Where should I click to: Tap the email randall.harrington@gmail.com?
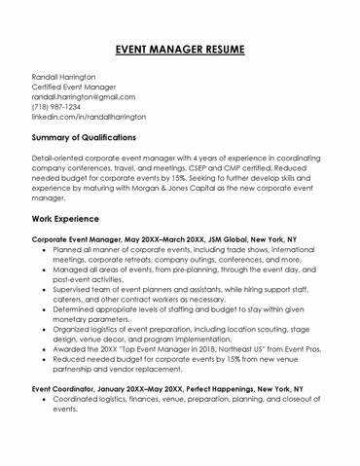[82, 96]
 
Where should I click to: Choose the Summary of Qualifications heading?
[90, 137]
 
